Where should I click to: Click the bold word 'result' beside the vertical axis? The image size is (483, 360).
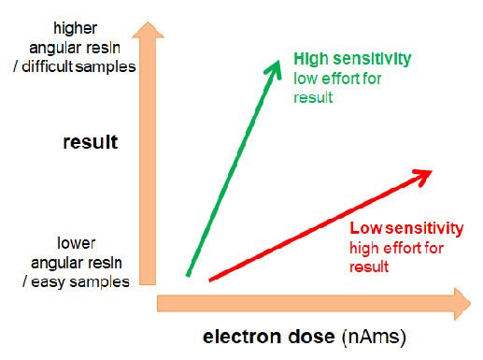point(91,142)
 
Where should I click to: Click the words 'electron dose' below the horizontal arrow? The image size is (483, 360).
point(269,337)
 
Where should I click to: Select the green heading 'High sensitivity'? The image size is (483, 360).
point(352,59)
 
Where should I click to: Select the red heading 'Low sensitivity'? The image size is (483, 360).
point(406,228)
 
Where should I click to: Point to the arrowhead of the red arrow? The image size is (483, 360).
point(424,176)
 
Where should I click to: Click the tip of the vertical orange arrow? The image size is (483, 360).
point(149,22)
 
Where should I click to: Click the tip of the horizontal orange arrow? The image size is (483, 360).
point(471,304)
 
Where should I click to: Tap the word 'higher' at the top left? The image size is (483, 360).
point(76,28)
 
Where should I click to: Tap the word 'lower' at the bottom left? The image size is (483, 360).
point(77,243)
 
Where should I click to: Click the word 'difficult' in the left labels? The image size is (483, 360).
point(47,66)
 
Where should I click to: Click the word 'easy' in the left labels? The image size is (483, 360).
point(48,282)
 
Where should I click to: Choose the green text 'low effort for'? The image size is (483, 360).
point(337,79)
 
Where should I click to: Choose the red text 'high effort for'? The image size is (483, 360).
point(396,248)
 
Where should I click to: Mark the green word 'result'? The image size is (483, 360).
point(313,97)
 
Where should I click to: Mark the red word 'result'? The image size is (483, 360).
point(369,267)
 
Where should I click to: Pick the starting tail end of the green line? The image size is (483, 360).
point(188,276)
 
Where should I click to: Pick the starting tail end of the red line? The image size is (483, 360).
point(210,281)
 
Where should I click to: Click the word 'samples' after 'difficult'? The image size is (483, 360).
point(106,67)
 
